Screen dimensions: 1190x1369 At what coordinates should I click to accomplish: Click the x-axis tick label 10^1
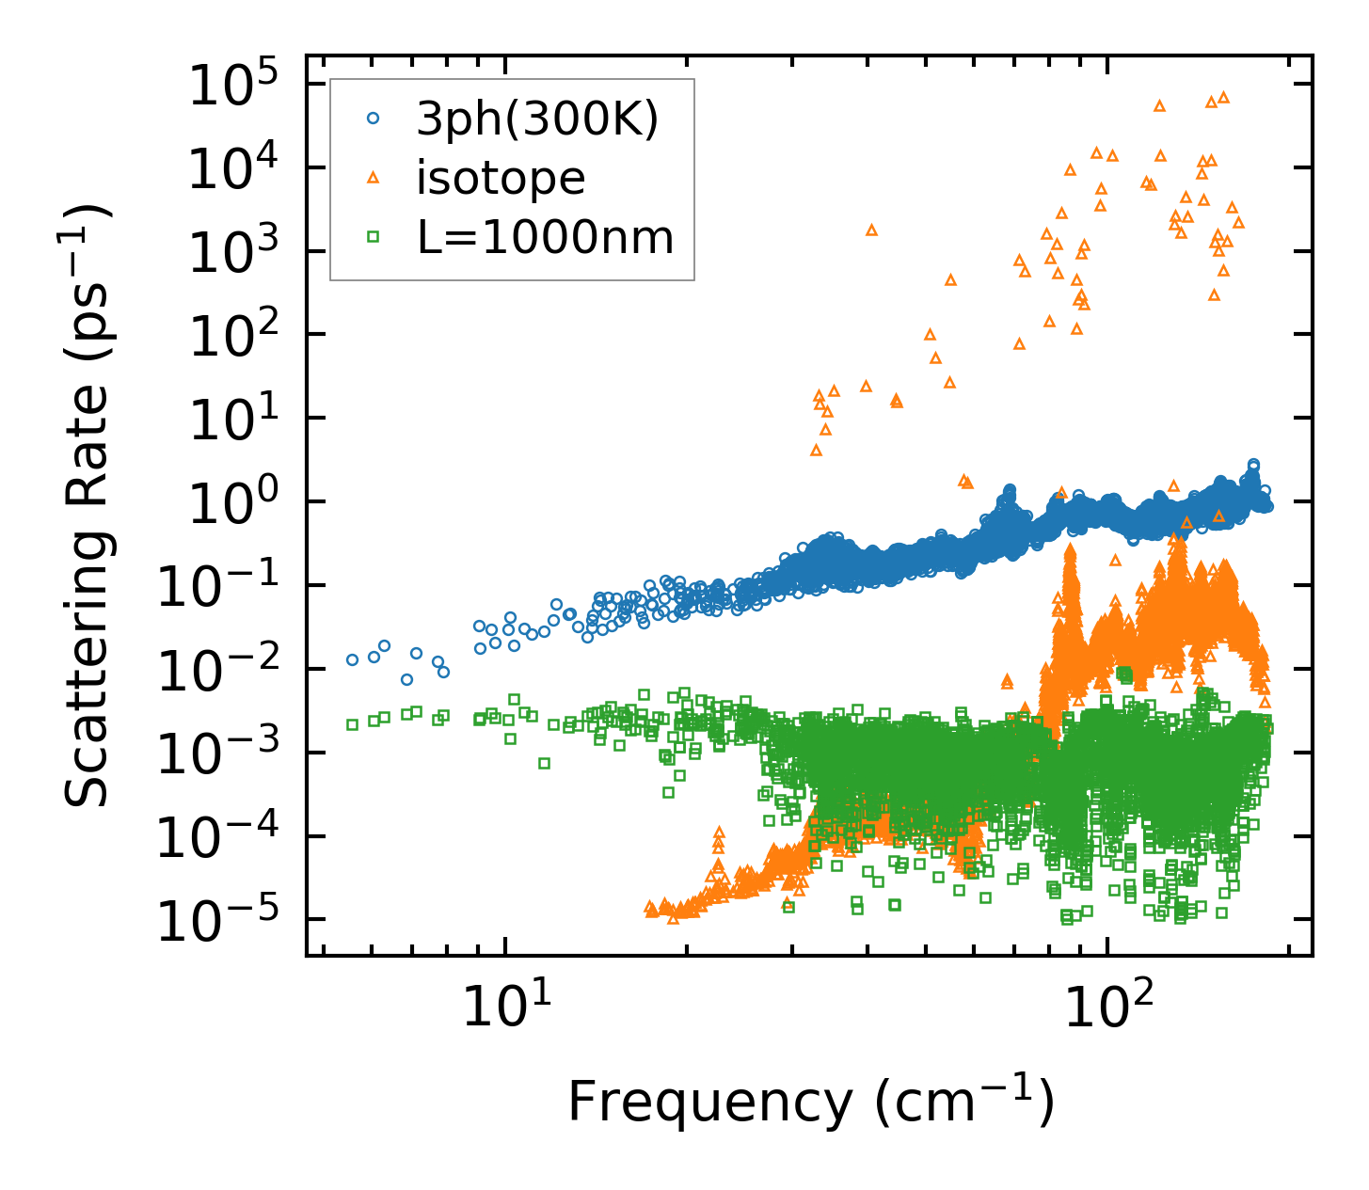[x=509, y=1009]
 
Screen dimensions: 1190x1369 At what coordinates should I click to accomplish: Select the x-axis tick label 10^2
[x=1111, y=1009]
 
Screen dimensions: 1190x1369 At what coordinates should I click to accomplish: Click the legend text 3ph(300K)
[x=537, y=119]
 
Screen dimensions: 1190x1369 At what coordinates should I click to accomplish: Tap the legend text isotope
[x=501, y=178]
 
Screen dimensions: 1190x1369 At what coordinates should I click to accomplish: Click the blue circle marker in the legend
[x=374, y=119]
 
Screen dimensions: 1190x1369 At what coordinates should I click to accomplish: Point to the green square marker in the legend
[x=374, y=237]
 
